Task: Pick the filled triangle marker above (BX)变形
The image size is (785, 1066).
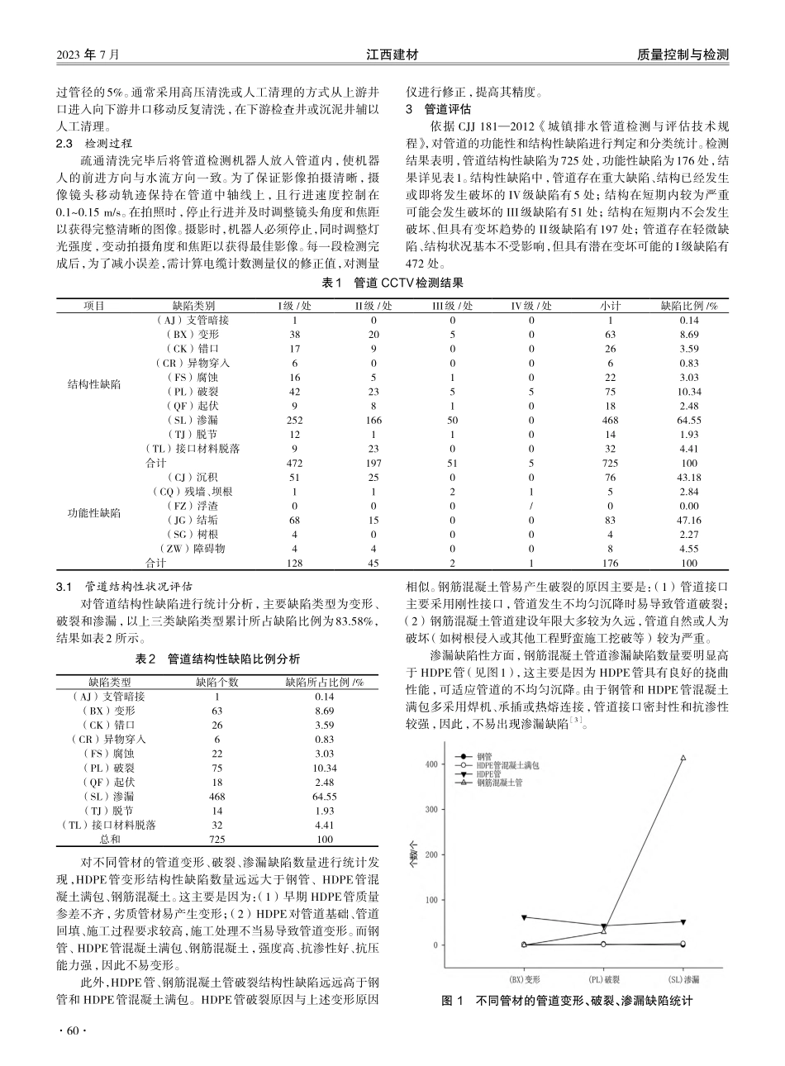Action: pyautogui.click(x=525, y=917)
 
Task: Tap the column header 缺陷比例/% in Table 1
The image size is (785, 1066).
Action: pyautogui.click(x=688, y=305)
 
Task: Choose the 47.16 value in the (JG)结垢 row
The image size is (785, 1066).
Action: pyautogui.click(x=688, y=521)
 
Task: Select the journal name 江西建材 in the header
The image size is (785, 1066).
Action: pyautogui.click(x=392, y=55)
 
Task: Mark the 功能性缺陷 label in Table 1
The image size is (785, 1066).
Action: pyautogui.click(x=93, y=513)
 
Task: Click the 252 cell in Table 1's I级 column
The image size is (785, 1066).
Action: pyautogui.click(x=294, y=420)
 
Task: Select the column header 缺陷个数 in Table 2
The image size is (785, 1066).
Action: pyautogui.click(x=216, y=682)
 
